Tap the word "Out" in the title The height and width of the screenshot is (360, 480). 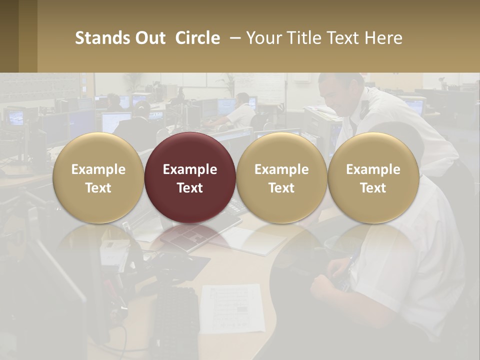[149, 38]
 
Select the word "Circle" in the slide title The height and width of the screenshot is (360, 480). [197, 38]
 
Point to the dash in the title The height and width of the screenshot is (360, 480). [232, 38]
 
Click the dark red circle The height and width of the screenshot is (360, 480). [190, 177]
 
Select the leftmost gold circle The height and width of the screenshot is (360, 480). [98, 177]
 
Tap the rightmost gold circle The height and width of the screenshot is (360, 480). [373, 177]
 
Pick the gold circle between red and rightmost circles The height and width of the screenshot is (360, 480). [281, 177]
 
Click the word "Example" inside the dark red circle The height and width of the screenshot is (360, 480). [190, 169]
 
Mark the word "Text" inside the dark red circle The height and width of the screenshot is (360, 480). [190, 188]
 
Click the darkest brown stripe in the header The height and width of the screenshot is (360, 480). [9, 36]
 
